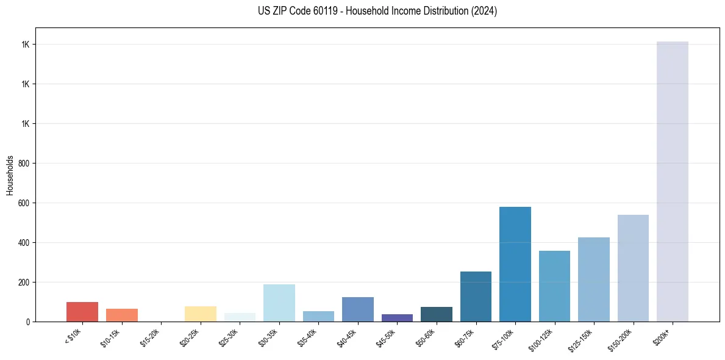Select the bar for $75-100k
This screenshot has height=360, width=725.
pos(515,264)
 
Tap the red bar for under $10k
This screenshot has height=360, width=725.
pos(82,312)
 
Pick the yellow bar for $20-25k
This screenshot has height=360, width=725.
pos(200,314)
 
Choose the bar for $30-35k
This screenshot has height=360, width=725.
pos(279,303)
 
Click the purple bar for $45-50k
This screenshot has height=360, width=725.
pos(397,318)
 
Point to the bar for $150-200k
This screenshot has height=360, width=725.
pos(633,268)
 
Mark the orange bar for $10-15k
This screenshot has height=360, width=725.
pos(121,315)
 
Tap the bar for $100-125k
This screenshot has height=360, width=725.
pos(554,286)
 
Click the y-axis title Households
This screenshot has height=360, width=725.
pos(10,175)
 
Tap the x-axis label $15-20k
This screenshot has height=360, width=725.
pos(150,336)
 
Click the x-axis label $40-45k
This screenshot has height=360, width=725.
pos(346,336)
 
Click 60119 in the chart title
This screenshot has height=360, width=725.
pos(323,11)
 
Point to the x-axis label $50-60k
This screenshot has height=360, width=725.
pos(425,336)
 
